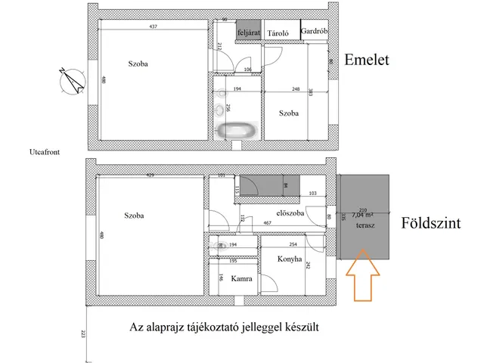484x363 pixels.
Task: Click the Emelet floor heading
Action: tap(366, 60)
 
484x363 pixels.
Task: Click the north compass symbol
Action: tap(70, 80)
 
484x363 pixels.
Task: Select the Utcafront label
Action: tap(40, 151)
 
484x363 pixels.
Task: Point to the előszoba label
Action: tap(290, 213)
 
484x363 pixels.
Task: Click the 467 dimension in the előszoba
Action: tap(267, 223)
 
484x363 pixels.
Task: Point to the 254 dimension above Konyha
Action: tap(293, 246)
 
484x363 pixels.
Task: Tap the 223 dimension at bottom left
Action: tap(82, 334)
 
